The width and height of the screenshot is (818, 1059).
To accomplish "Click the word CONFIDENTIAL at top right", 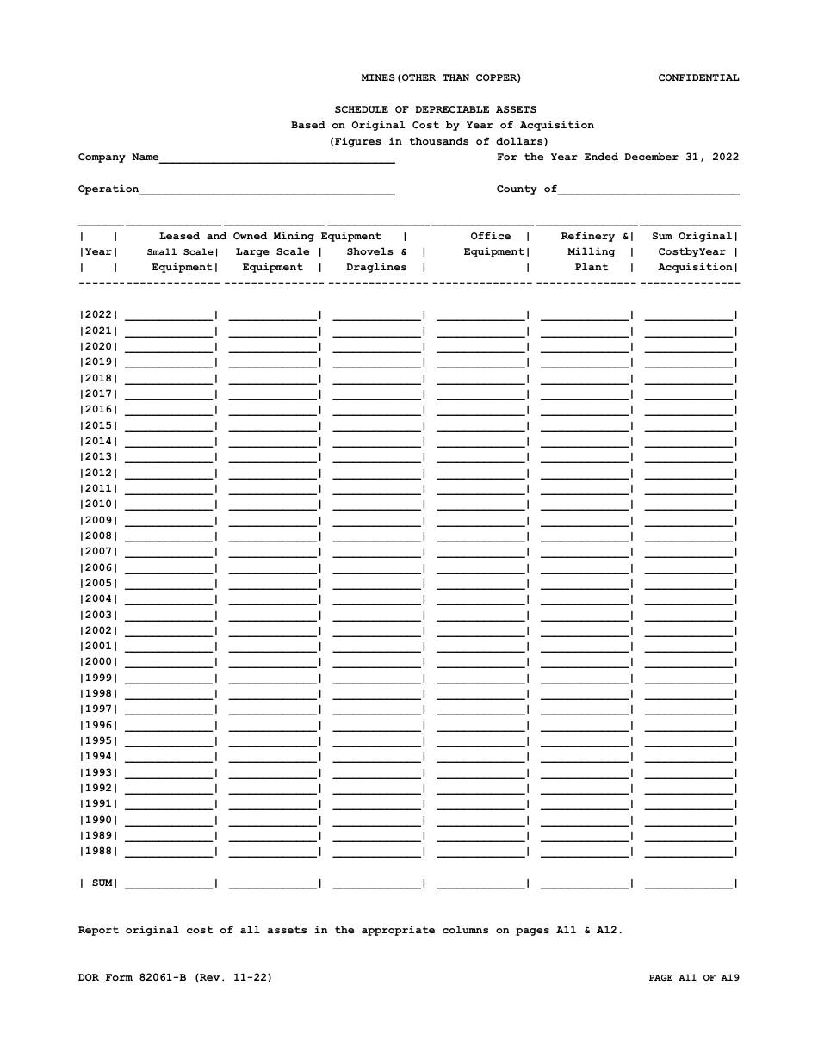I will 698,78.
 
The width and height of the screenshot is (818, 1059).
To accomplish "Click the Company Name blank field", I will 276,158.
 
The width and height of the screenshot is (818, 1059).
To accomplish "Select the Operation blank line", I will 267,190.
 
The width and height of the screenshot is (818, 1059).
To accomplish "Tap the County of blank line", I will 648,190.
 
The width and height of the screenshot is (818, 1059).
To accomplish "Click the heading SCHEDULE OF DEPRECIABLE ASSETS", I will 435,110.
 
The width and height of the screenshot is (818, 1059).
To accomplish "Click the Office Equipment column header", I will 493,245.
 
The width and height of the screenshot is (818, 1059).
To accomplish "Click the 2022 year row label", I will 98,315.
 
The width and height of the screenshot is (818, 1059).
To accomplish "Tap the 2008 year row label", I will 98,536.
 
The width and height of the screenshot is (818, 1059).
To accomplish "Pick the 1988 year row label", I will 98,852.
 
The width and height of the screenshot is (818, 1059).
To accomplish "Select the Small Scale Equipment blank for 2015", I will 170,425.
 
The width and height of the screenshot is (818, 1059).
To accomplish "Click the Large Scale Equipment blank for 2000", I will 274,662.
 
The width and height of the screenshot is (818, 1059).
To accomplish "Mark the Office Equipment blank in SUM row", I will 481,883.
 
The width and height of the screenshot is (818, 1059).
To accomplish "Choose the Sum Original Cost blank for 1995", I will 689,741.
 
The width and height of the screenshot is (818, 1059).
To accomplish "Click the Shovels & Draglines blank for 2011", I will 377,488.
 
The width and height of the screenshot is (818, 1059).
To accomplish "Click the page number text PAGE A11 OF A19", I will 693,978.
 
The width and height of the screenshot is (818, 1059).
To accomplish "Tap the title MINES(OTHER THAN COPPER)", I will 441,78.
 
